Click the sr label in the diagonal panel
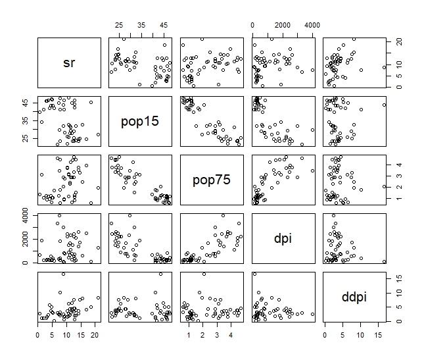point(69,63)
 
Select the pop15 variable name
point(140,122)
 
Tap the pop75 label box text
point(211,180)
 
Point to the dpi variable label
point(282,239)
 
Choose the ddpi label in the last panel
point(354,297)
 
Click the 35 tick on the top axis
point(141,24)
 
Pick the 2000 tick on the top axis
point(283,24)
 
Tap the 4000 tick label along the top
point(312,24)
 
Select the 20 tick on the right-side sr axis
point(397,41)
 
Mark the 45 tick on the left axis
point(25,103)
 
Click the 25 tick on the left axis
point(25,139)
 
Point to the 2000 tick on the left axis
point(25,239)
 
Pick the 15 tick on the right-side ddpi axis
point(397,278)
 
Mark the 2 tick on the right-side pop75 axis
point(397,188)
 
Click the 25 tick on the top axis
point(119,24)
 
